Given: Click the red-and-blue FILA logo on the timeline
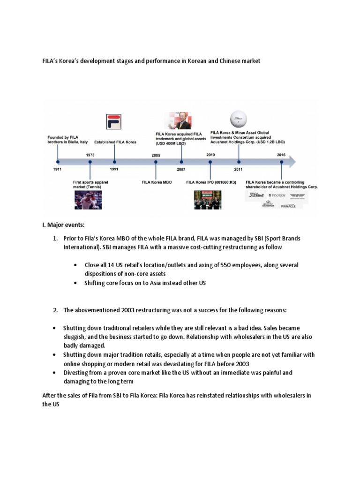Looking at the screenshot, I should click(x=114, y=121).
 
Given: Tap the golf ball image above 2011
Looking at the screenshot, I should click(x=238, y=119).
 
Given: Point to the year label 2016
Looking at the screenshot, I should click(x=282, y=155).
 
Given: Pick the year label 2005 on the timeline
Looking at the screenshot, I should click(x=156, y=155).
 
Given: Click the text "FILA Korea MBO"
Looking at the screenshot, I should click(x=157, y=182).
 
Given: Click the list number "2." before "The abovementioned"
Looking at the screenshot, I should click(x=55, y=310).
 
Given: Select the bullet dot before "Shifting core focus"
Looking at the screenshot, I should click(x=75, y=283).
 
